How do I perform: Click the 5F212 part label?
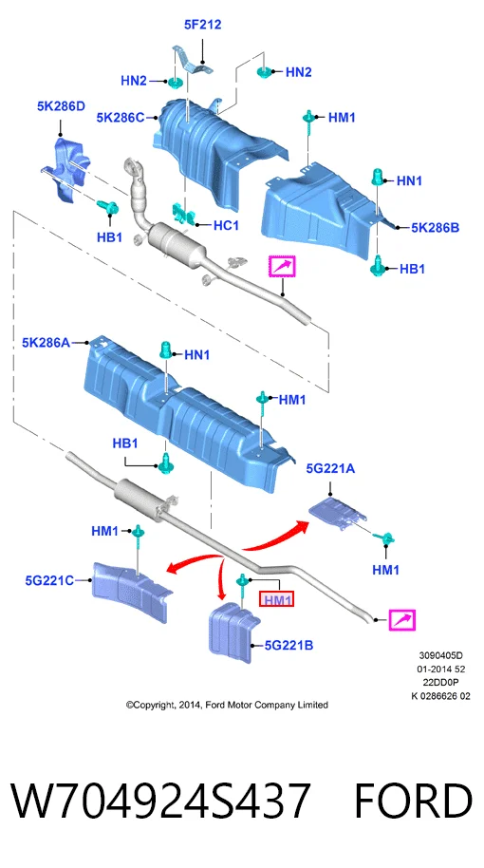pos(202,25)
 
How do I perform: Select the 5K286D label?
pos(61,105)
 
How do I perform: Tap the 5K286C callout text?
pos(120,118)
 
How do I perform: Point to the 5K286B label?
pos(436,227)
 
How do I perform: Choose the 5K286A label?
pos(46,343)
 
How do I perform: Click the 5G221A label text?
pos(331,469)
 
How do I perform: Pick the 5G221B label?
pos(289,645)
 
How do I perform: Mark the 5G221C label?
pos(49,580)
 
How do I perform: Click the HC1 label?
pos(226,225)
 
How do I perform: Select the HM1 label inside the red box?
pos(277,599)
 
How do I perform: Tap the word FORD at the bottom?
pos(413,801)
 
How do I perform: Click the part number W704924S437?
pos(161,801)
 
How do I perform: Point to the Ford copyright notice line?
pos(227,705)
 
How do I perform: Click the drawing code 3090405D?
pos(440,656)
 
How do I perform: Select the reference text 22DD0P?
pos(441,683)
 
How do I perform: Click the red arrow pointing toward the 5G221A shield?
pos(276,537)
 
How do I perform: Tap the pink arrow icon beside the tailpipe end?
pos(402,620)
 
